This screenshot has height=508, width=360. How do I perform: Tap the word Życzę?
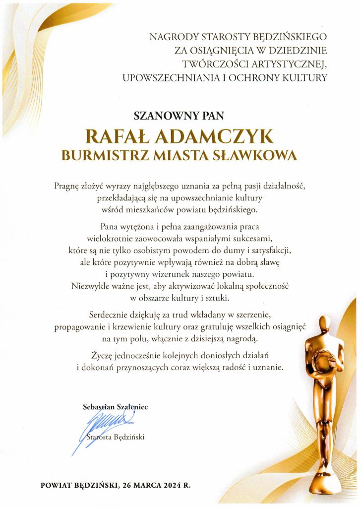click(x=101, y=356)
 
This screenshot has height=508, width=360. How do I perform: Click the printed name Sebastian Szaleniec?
click(x=115, y=407)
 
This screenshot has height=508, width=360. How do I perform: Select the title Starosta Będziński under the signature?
click(x=115, y=438)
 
